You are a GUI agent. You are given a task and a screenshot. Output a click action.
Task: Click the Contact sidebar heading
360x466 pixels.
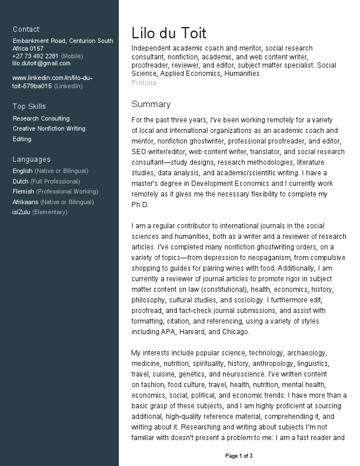(x=26, y=29)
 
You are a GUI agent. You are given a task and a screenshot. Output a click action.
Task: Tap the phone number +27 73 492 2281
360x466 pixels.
(x=35, y=56)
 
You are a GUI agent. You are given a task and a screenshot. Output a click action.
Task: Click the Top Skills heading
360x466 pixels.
(x=29, y=106)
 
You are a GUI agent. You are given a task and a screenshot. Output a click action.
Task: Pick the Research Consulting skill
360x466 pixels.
(x=41, y=118)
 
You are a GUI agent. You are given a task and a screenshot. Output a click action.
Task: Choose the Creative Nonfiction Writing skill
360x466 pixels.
(x=49, y=128)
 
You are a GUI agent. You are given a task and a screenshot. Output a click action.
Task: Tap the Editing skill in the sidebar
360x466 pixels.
(x=22, y=139)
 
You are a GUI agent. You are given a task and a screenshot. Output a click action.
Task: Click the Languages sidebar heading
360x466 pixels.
(x=31, y=159)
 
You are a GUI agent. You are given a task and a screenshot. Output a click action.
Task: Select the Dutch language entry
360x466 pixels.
(x=21, y=181)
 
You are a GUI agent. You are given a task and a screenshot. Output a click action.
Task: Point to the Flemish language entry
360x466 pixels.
(x=24, y=191)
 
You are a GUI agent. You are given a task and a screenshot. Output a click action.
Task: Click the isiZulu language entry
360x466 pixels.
(x=21, y=212)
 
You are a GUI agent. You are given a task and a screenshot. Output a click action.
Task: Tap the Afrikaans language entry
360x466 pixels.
(x=25, y=202)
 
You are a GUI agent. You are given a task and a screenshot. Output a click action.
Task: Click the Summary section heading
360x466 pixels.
(x=151, y=104)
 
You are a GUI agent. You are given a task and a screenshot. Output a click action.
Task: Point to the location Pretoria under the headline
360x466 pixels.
(x=144, y=83)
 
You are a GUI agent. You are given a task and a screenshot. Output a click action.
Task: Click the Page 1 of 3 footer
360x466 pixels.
(x=239, y=456)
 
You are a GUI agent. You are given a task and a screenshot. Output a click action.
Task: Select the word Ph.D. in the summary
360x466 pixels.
(x=141, y=205)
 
